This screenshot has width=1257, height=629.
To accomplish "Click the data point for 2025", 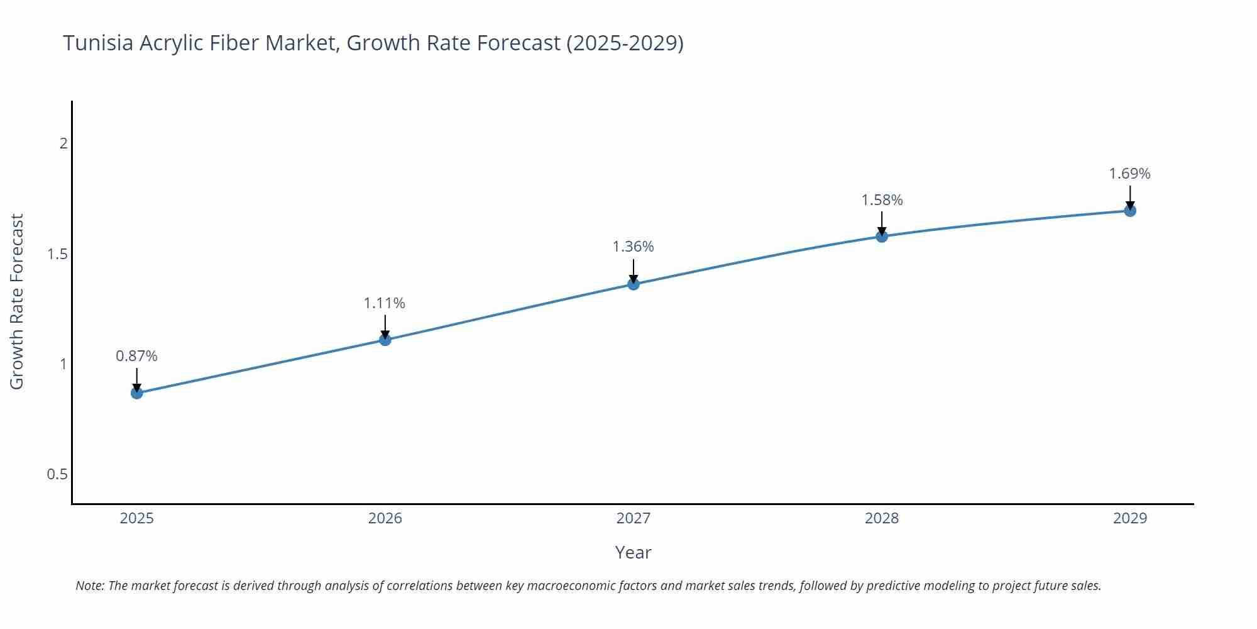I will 137,393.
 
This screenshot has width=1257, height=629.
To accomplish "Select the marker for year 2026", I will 385,340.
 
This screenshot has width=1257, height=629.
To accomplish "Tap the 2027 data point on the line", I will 634,284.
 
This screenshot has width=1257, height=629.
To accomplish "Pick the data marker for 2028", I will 882,237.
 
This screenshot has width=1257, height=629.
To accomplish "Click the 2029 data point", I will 1130,211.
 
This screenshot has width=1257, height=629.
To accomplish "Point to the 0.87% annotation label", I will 136,356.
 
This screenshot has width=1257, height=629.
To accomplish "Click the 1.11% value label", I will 385,303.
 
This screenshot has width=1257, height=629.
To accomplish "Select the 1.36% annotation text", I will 633,247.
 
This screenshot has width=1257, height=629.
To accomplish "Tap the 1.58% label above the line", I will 882,200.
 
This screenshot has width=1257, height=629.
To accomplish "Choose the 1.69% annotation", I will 1129,174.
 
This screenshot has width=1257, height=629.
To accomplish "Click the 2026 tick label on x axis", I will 385,518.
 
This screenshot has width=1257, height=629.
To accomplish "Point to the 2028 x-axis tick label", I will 882,518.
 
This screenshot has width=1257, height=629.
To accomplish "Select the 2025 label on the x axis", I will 136,518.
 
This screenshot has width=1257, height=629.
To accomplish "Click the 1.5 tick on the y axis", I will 57,254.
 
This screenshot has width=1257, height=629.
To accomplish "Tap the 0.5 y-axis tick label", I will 57,474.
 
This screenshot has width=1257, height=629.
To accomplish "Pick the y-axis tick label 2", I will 63,143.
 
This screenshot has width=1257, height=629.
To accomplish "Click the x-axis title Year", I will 633,552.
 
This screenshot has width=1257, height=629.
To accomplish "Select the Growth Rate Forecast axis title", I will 17,301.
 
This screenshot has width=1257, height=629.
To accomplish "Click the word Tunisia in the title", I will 98,43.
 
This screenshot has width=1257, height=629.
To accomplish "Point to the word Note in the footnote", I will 89,586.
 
